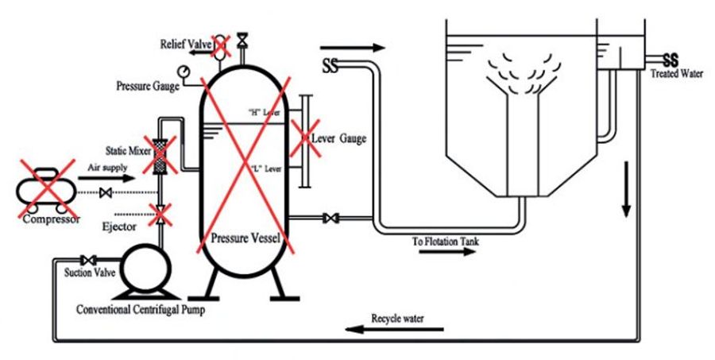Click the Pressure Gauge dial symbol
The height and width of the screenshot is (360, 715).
point(184,71)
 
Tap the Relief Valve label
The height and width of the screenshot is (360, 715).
point(186,45)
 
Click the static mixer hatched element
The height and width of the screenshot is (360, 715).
point(159,156)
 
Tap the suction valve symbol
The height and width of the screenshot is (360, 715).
point(87,261)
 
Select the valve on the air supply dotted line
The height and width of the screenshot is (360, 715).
point(106,193)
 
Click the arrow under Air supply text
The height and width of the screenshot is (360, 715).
point(106,177)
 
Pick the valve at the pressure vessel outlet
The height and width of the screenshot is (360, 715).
point(330,218)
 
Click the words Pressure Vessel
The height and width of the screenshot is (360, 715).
point(245,238)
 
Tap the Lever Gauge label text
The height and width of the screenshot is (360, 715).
point(338,139)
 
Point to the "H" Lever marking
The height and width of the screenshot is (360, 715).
point(264,112)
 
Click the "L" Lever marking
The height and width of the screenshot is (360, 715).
point(266,168)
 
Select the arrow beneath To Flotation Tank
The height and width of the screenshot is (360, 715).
point(446,252)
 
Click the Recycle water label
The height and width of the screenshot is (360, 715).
point(397,319)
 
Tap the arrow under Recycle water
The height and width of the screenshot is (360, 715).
point(394,329)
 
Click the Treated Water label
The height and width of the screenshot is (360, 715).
point(677,73)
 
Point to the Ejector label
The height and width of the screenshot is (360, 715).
point(119,226)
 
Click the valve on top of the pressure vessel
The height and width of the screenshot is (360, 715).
point(243,39)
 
